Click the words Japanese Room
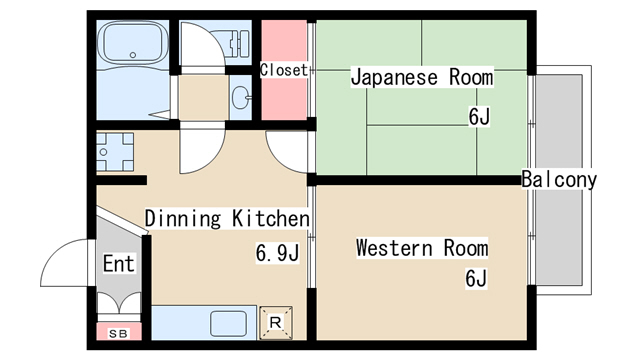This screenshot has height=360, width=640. coord(421,76)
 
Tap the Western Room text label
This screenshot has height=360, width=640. coord(422,247)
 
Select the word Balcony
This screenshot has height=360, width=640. coord(559,180)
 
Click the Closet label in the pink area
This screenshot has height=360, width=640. coord(284,70)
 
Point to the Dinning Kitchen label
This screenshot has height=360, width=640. coord(227,217)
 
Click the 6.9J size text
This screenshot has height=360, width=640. coord(277,253)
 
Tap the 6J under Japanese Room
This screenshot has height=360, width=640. coord(479,116)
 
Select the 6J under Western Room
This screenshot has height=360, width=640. coord(475,279)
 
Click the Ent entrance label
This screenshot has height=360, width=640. coord(119,265)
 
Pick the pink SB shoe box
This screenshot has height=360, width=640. coord(118,333)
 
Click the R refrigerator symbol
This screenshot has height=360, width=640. coord(275,322)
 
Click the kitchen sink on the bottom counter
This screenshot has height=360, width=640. coord(227,323)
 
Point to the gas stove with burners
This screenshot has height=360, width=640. coord(115,151)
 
